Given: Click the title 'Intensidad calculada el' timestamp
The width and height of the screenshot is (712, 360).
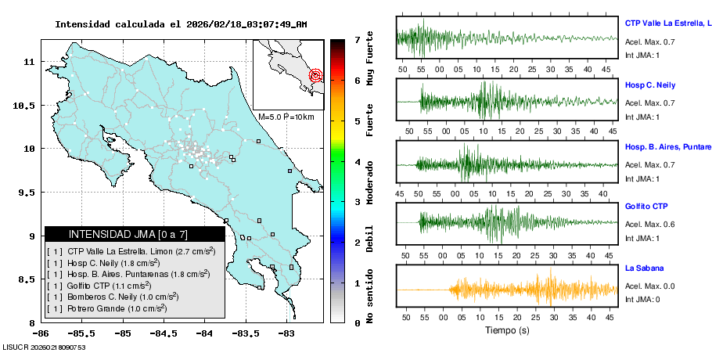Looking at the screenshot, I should click(x=181, y=24).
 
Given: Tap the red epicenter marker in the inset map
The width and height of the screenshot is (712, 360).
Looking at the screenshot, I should click(x=316, y=76).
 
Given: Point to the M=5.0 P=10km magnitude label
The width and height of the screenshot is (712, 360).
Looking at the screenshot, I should click(x=286, y=117).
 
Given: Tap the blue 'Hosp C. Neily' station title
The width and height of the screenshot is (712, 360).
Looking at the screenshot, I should click(x=649, y=85).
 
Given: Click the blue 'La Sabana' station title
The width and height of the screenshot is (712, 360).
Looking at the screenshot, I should click(x=644, y=268).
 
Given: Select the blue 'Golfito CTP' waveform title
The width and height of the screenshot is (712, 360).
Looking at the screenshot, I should click(x=647, y=207).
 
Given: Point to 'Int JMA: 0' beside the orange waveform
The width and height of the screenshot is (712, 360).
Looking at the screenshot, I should click(x=642, y=298).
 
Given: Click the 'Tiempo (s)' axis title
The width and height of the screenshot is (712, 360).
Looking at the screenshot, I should click(x=506, y=330).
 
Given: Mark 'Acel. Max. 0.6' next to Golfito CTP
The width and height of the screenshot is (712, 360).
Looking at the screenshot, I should click(x=649, y=225).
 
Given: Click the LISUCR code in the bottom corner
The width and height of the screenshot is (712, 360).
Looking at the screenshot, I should click(x=43, y=347).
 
